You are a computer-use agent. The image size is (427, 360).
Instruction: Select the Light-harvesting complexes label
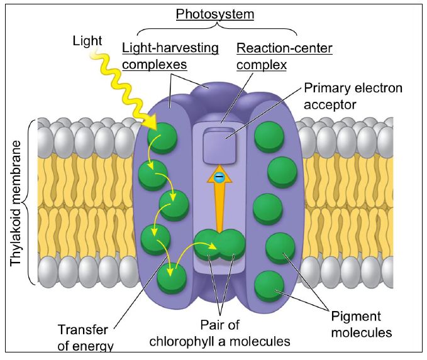pos(170,55)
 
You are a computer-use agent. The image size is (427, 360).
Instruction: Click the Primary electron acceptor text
pos(353,95)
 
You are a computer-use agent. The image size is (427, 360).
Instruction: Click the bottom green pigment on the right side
pos(270,284)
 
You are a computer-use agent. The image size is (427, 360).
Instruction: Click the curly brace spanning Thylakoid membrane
pos(33,204)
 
